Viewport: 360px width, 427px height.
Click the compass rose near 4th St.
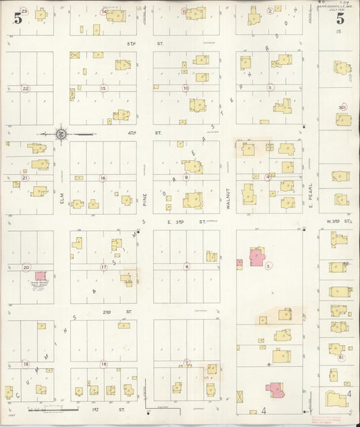coord(61,133)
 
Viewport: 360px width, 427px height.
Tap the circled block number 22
coord(26,88)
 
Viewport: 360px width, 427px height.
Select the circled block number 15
coord(103,88)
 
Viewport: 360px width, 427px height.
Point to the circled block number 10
coord(185,88)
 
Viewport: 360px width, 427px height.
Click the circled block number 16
coord(103,178)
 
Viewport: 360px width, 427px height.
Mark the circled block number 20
coord(26,267)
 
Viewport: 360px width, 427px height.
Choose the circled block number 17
coord(103,267)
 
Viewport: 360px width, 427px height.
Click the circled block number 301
coord(343,106)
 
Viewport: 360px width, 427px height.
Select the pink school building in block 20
coord(41,276)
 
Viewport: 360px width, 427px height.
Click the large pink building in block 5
coord(257,257)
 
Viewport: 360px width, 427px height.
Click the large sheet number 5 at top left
coord(17,18)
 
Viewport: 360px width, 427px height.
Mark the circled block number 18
coord(103,363)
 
